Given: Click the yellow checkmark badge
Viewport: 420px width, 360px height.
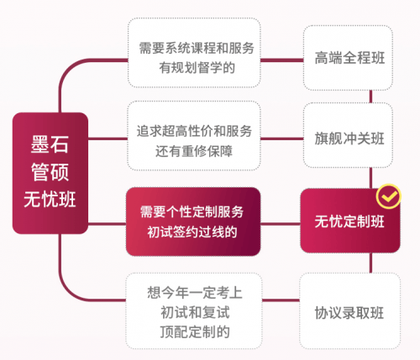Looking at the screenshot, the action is [x=388, y=196].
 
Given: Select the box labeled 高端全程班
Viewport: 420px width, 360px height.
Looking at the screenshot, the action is [x=348, y=58].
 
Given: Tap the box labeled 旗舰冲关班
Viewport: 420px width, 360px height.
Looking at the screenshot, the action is [x=348, y=135].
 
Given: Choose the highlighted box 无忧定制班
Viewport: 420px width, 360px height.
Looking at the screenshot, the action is [x=350, y=221].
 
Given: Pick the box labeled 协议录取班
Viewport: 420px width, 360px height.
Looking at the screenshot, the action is [x=349, y=311].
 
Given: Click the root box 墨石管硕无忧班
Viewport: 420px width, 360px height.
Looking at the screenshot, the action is [x=50, y=173].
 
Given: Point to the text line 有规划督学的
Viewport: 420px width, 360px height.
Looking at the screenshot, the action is [x=197, y=68].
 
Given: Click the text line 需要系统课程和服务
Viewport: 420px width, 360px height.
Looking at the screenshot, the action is [x=197, y=48].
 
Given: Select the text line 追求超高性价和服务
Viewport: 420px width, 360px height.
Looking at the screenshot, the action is [x=194, y=131].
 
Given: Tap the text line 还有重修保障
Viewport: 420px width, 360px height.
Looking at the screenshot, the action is [x=194, y=151].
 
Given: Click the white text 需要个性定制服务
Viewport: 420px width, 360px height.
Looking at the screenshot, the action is [x=192, y=211].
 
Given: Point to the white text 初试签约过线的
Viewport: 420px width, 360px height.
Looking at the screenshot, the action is [x=192, y=232].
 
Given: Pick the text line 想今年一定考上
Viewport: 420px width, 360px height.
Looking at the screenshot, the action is [x=195, y=293].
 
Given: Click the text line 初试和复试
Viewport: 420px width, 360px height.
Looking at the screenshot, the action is [x=195, y=312].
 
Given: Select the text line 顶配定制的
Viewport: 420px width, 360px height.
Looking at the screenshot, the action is [x=195, y=332].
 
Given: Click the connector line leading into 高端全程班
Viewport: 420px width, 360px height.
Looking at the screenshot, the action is [x=282, y=60].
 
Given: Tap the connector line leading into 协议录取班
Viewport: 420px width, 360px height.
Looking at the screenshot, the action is [x=281, y=300].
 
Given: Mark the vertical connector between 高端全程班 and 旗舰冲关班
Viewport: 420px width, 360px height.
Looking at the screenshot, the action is [x=370, y=97].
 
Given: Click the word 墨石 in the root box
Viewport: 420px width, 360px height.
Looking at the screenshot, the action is [x=50, y=144].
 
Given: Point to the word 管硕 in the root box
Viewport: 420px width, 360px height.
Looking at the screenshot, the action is [x=50, y=172].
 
